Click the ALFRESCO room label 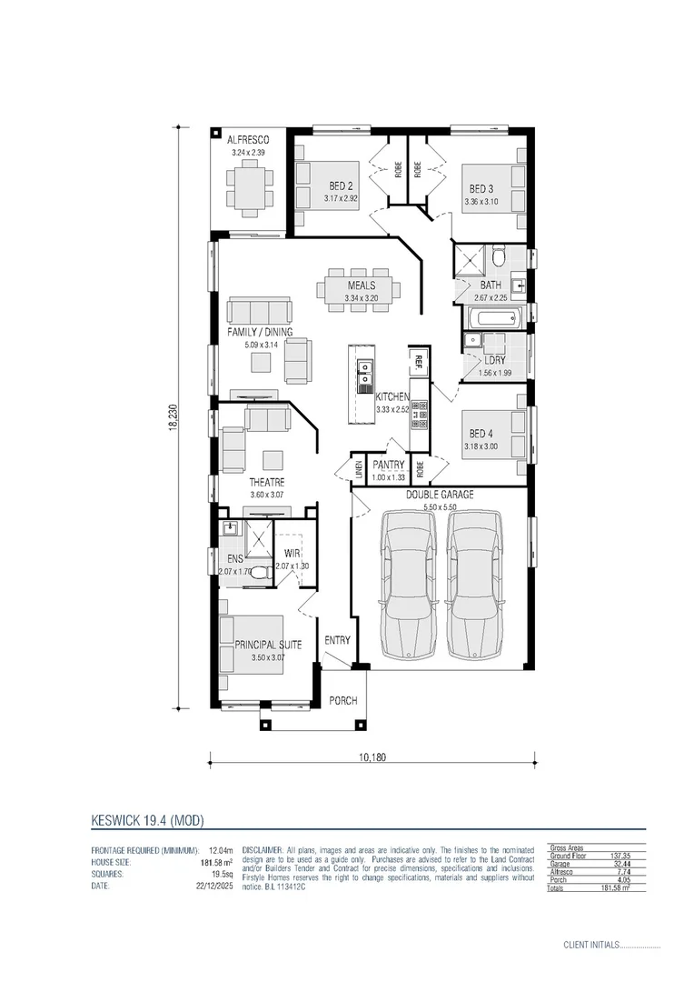coord(248,140)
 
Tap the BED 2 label coord(342,186)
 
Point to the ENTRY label coord(337,640)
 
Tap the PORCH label coord(343,701)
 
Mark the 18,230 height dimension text coord(171,417)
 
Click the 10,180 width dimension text coord(372,757)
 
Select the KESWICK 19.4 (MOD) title coord(147,820)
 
